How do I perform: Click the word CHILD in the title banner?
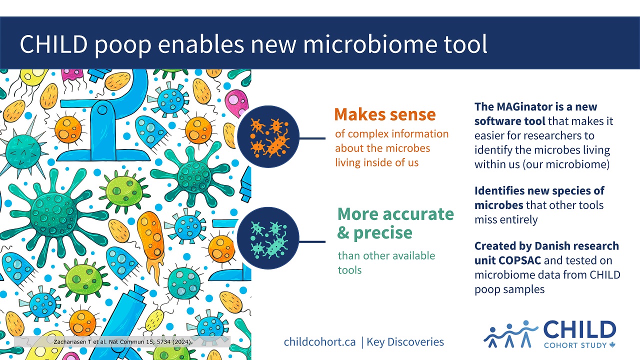pyautogui.click(x=53, y=44)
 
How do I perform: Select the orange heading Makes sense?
pyautogui.click(x=385, y=114)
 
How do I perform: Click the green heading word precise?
pyautogui.click(x=383, y=233)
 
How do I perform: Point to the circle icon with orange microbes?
pyautogui.click(x=268, y=136)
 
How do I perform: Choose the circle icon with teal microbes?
pyautogui.click(x=268, y=238)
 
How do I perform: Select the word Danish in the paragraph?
pyautogui.click(x=553, y=245)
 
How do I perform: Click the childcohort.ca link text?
pyautogui.click(x=319, y=341)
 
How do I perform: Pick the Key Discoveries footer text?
pyautogui.click(x=405, y=341)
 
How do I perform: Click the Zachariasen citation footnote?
pyautogui.click(x=123, y=341)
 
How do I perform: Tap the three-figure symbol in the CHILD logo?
pyautogui.click(x=510, y=333)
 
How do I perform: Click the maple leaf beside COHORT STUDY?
pyautogui.click(x=612, y=345)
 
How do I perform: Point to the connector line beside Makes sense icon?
pyautogui.click(x=312, y=138)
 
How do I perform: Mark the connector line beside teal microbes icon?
pyautogui.click(x=312, y=241)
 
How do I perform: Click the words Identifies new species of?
pyautogui.click(x=539, y=190)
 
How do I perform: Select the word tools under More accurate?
pyautogui.click(x=349, y=270)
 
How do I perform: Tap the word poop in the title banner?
pyautogui.click(x=122, y=45)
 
